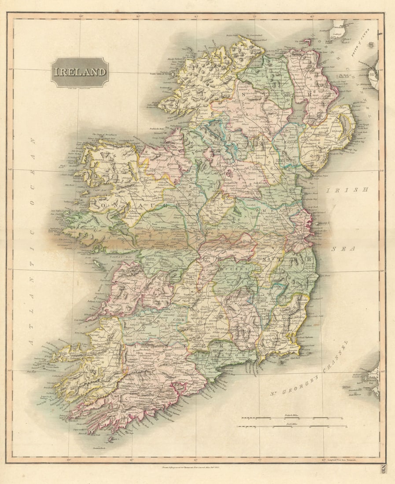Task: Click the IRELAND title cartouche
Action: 80,72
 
